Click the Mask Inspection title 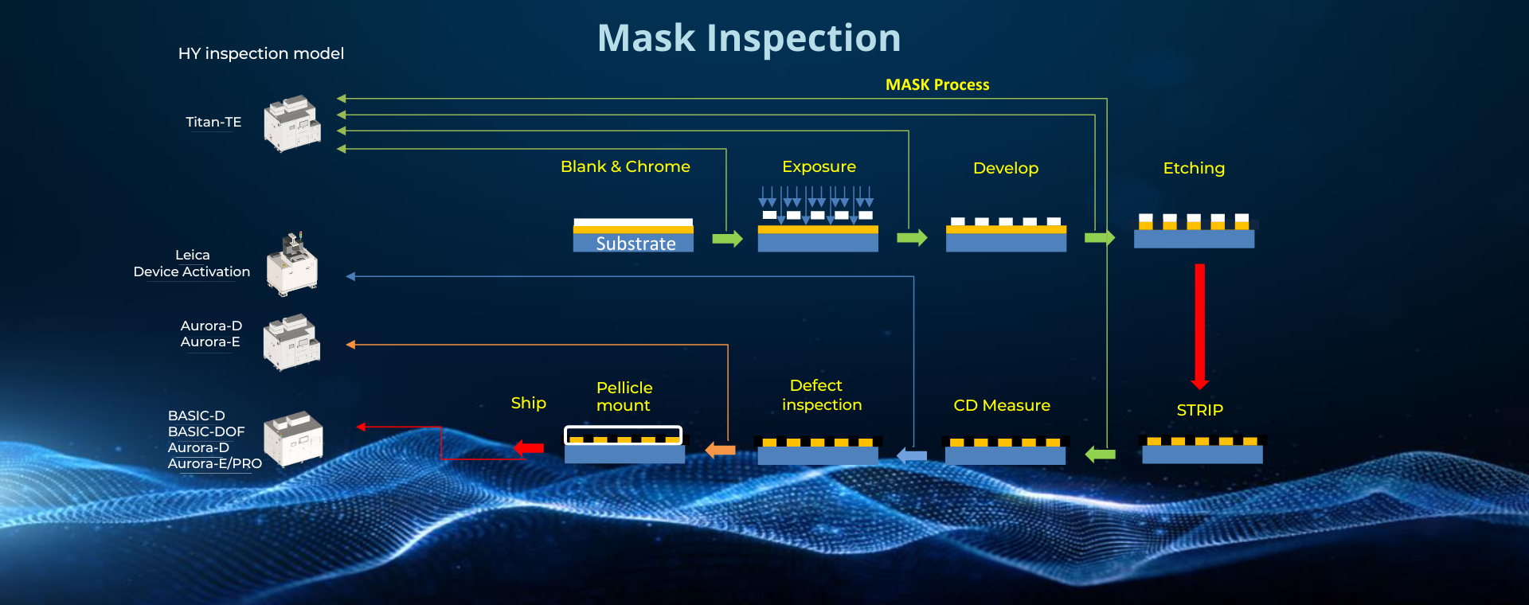[x=749, y=38]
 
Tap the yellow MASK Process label [x=937, y=84]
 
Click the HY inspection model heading [x=260, y=53]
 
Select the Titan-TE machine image [x=292, y=123]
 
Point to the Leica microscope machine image [x=292, y=264]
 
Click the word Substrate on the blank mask [x=635, y=244]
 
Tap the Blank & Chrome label [x=625, y=166]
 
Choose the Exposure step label [x=819, y=166]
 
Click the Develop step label [x=1005, y=168]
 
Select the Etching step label [x=1194, y=168]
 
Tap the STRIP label [x=1199, y=410]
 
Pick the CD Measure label [x=1002, y=405]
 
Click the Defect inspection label [x=821, y=395]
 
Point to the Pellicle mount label [x=624, y=396]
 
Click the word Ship [x=529, y=403]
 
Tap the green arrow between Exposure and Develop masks [x=912, y=237]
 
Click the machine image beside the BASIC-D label [x=293, y=439]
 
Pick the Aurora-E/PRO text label [x=214, y=463]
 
